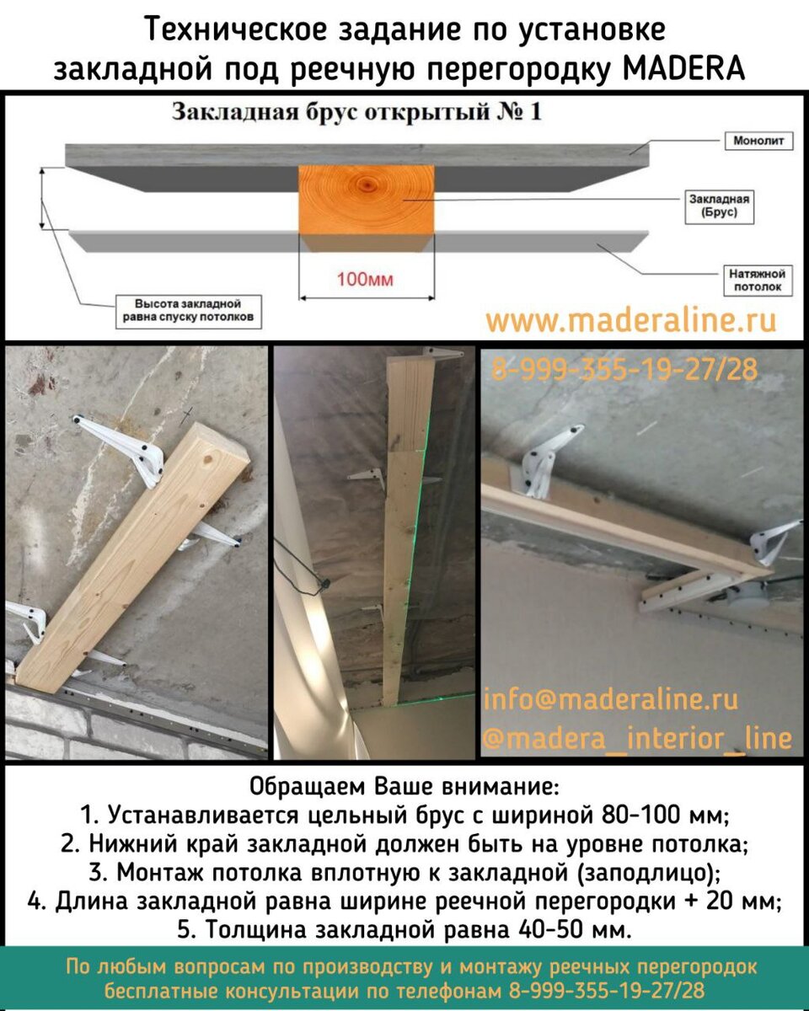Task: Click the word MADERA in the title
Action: (684, 68)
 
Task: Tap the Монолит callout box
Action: (758, 141)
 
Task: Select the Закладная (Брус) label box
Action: (719, 206)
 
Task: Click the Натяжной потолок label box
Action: (757, 281)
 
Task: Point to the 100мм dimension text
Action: (365, 280)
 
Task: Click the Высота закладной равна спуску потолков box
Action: (188, 311)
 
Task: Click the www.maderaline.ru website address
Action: (631, 320)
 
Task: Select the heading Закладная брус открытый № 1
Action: (356, 112)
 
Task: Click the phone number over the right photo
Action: (624, 369)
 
